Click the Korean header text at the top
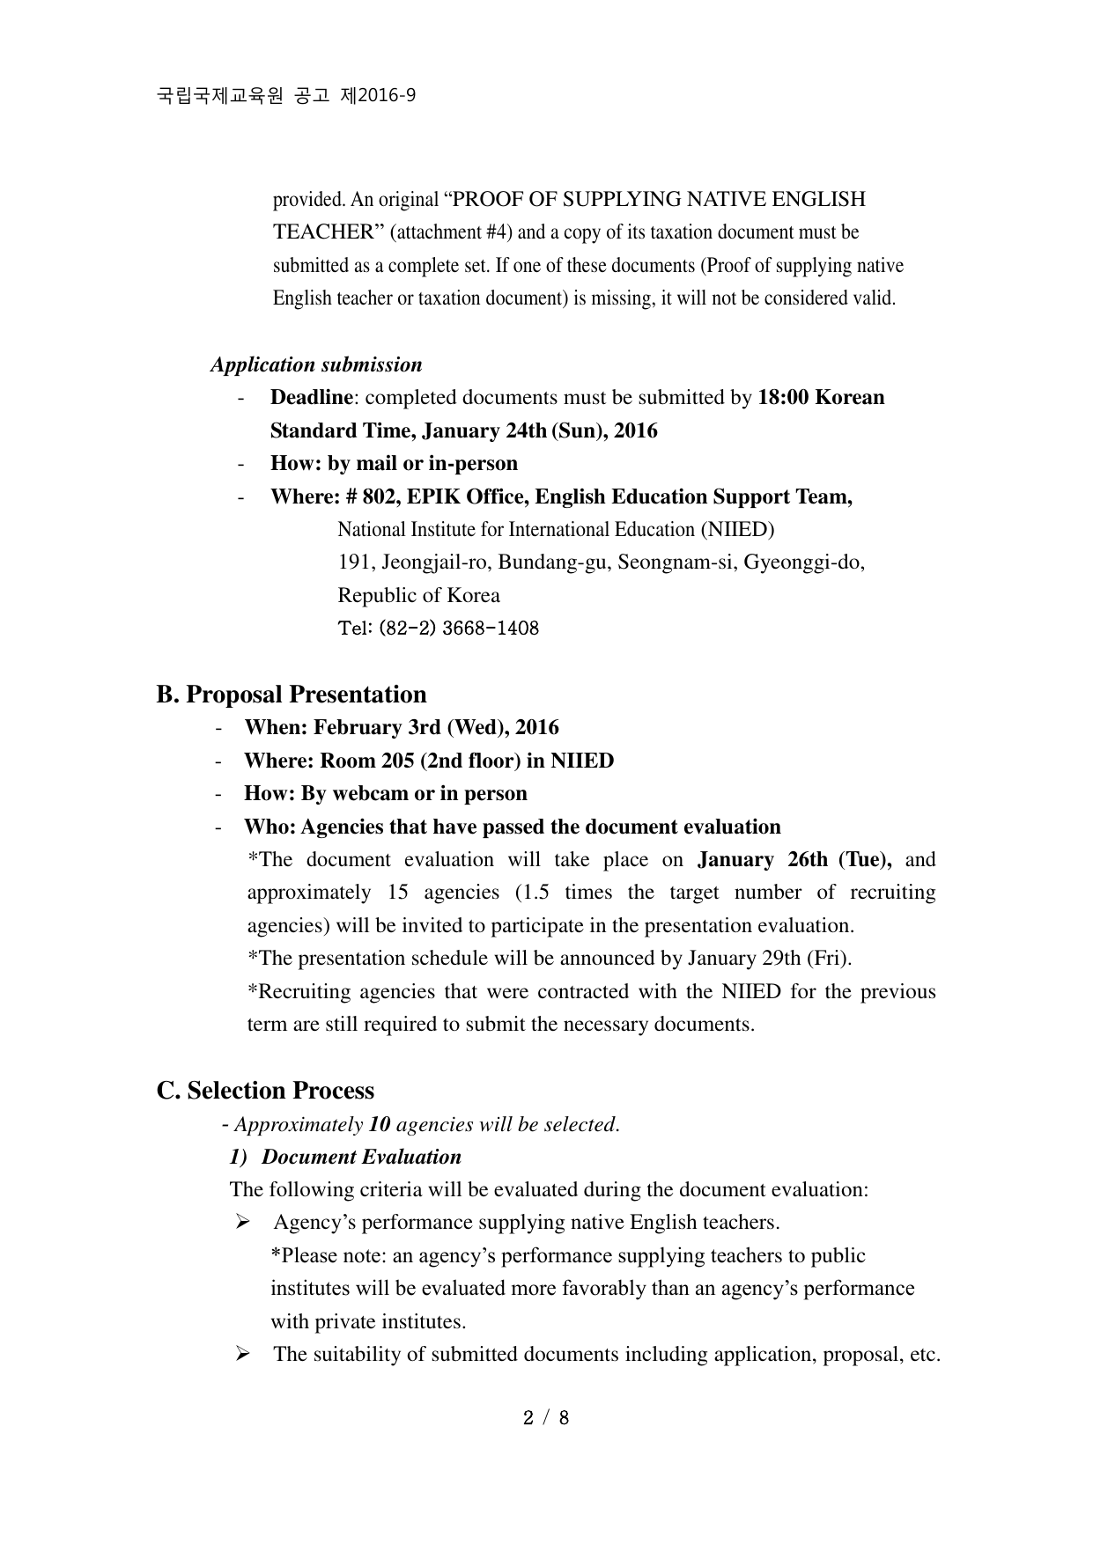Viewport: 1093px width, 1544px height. (x=286, y=96)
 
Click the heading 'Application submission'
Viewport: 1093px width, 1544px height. (x=316, y=365)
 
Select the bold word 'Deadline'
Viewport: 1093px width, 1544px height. (x=311, y=398)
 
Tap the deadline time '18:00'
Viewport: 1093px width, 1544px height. (x=783, y=398)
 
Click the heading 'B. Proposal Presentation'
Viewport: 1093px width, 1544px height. (x=292, y=695)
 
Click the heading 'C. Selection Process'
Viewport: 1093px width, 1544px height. (x=265, y=1091)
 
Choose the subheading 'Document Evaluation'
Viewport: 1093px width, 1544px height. (x=361, y=1158)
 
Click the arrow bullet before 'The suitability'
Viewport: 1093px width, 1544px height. (x=243, y=1355)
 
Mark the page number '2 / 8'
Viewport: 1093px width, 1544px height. (x=546, y=1418)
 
